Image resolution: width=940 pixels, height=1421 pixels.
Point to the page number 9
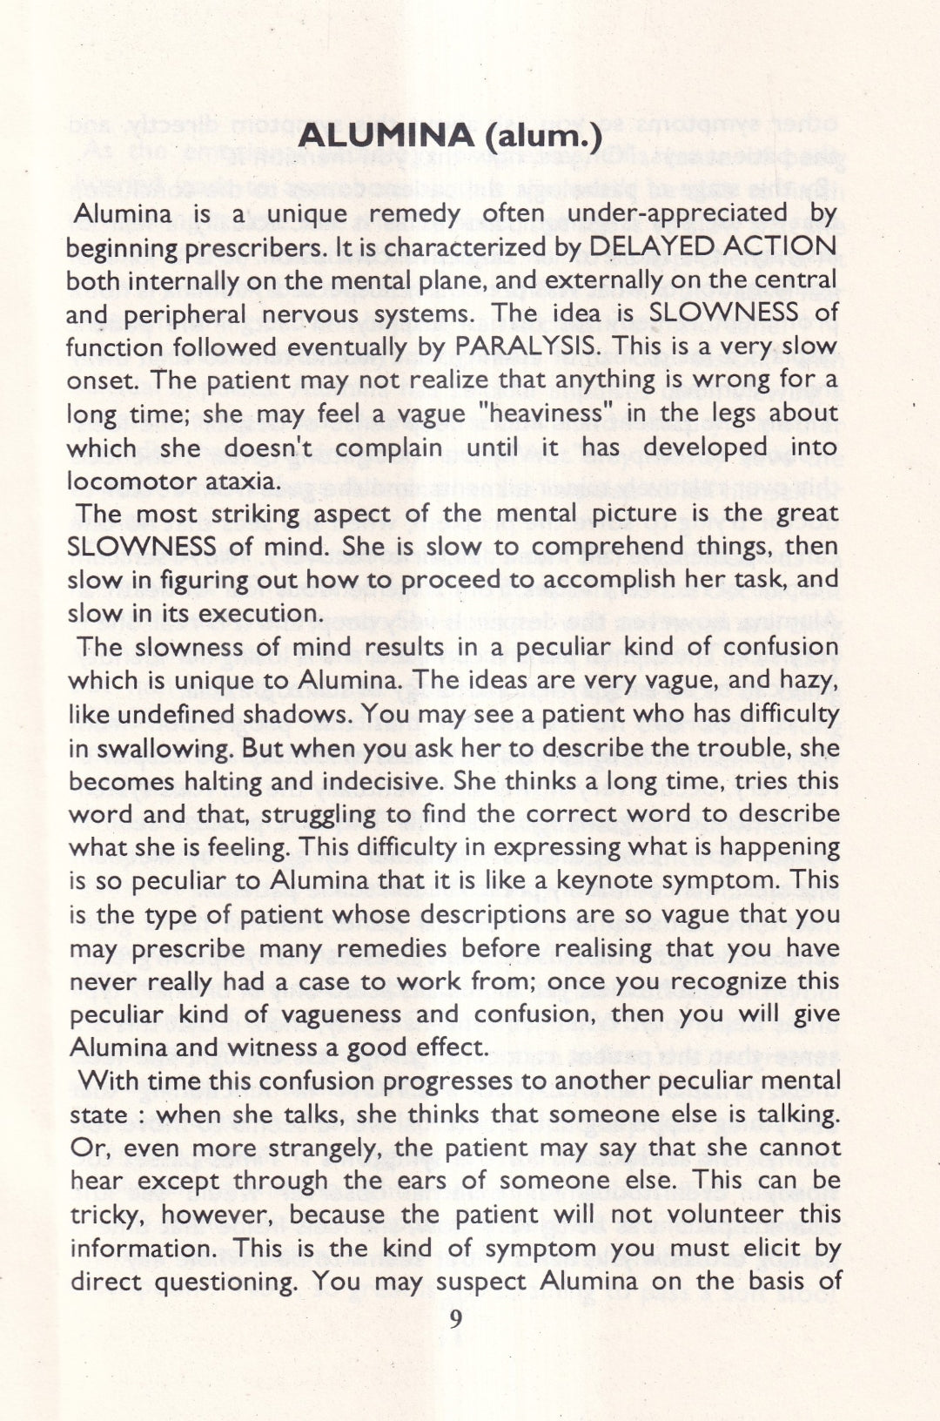pyautogui.click(x=455, y=1320)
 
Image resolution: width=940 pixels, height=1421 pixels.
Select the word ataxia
pyautogui.click(x=245, y=481)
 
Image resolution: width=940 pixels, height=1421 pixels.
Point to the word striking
pyautogui.click(x=257, y=515)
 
